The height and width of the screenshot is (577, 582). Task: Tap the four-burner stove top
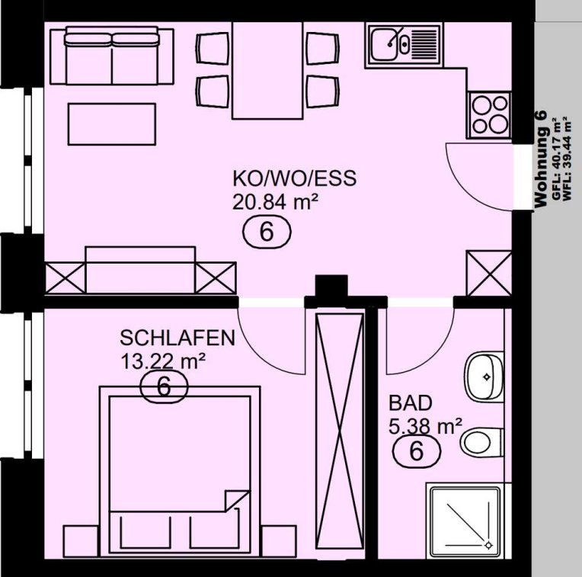pyautogui.click(x=490, y=115)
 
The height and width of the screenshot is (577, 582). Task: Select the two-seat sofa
pyautogui.click(x=112, y=56)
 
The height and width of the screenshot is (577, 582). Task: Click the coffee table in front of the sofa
pyautogui.click(x=112, y=124)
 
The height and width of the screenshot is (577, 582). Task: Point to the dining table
pyautogui.click(x=267, y=71)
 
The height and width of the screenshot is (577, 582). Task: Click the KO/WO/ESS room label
pyautogui.click(x=294, y=178)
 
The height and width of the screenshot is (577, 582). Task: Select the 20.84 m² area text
pyautogui.click(x=275, y=202)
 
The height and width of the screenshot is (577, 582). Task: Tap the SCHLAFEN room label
pyautogui.click(x=177, y=338)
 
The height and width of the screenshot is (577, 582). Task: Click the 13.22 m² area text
pyautogui.click(x=163, y=361)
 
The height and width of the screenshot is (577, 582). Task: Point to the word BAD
pyautogui.click(x=411, y=403)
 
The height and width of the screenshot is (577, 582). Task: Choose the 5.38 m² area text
pyautogui.click(x=425, y=426)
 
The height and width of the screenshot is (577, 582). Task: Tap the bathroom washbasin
pyautogui.click(x=484, y=377)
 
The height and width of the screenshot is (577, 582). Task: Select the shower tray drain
pyautogui.click(x=488, y=545)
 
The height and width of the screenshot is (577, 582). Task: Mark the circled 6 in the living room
pyautogui.click(x=267, y=232)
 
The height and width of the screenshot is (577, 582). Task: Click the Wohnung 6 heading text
pyautogui.click(x=540, y=159)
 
